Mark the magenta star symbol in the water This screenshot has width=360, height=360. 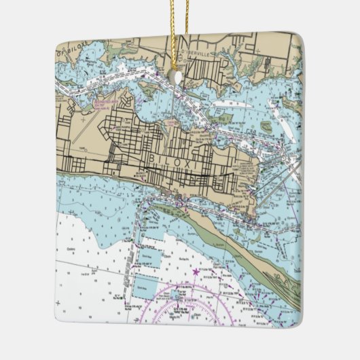197,272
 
